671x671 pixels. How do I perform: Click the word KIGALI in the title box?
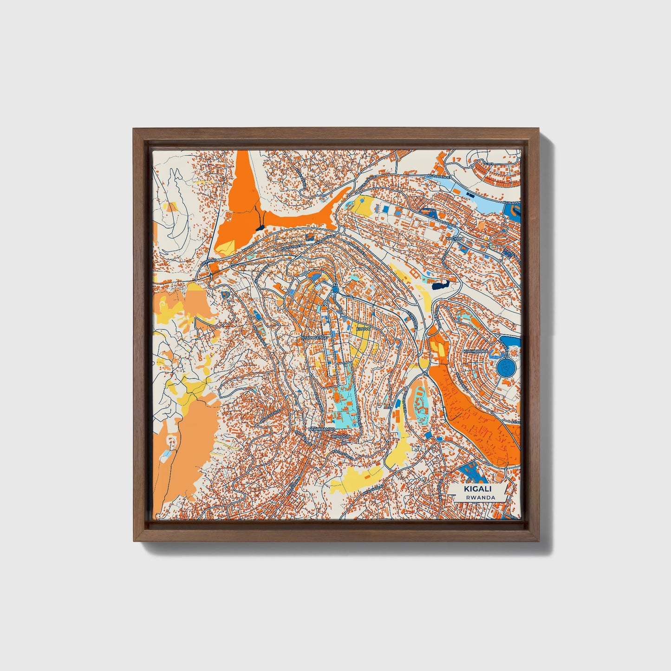(x=473, y=489)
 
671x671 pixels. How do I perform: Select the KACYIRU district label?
(x=455, y=238)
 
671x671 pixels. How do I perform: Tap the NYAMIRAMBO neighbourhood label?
(x=319, y=430)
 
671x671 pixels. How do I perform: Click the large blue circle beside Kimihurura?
(x=507, y=367)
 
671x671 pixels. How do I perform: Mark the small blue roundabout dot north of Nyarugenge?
(x=336, y=290)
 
